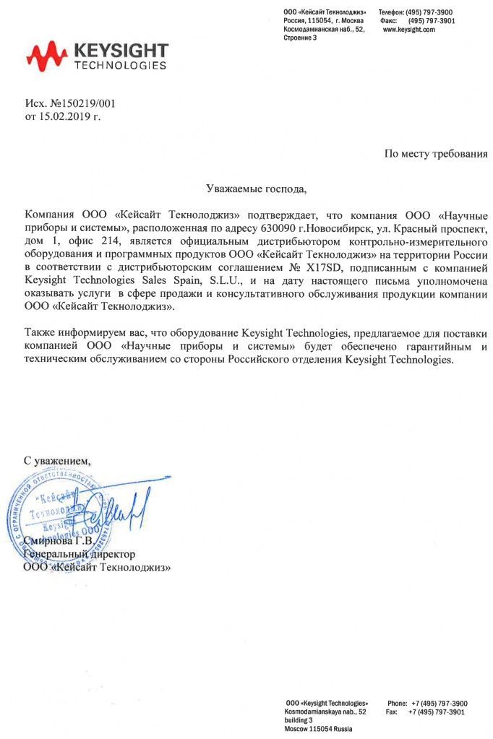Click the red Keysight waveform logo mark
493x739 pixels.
click(x=47, y=56)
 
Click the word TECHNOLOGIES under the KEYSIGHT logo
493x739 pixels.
click(x=121, y=65)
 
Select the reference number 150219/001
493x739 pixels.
click(x=85, y=103)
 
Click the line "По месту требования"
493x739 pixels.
click(x=435, y=153)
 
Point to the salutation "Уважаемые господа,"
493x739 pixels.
click(x=257, y=190)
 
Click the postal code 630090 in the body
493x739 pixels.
click(x=275, y=228)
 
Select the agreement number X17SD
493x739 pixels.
click(x=320, y=267)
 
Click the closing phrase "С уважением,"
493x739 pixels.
click(x=58, y=459)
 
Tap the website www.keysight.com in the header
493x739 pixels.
click(x=408, y=30)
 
